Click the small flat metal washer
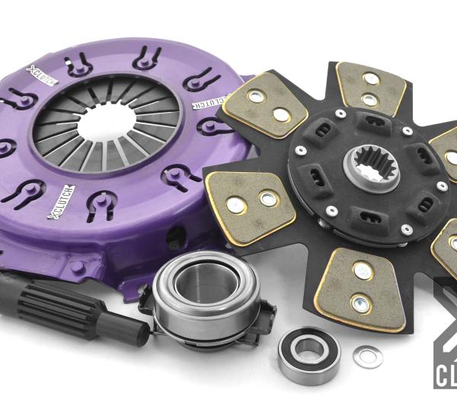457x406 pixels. click(367, 356)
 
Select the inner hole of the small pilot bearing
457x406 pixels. click(308, 351)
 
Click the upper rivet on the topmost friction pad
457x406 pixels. click(372, 78)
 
